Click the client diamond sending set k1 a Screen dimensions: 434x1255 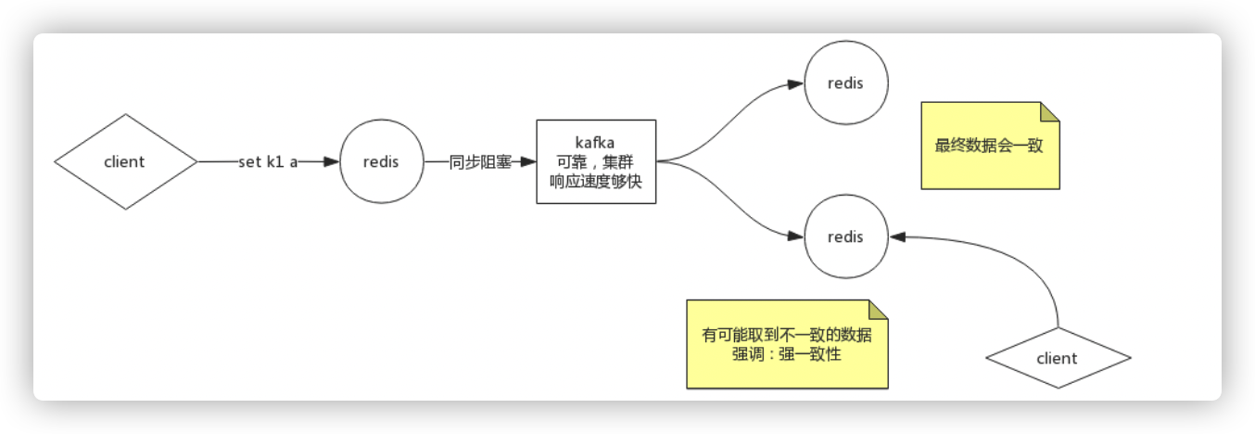click(x=125, y=161)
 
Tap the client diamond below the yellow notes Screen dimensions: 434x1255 click(x=1057, y=358)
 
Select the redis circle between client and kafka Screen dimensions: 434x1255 click(x=382, y=161)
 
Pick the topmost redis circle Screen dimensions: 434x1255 click(x=845, y=83)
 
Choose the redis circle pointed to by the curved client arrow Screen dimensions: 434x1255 click(x=845, y=236)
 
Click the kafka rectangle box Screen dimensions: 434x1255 click(x=596, y=161)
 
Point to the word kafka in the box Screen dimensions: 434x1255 click(x=596, y=141)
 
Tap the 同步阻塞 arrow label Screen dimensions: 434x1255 click(x=480, y=161)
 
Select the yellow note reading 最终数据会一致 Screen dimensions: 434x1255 click(x=990, y=146)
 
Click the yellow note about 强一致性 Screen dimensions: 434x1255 click(x=787, y=344)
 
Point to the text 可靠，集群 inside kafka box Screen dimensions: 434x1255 click(x=596, y=161)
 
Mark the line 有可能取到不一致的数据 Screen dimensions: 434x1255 click(x=787, y=336)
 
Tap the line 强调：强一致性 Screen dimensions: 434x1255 click(x=787, y=353)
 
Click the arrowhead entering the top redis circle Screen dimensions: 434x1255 click(x=795, y=83)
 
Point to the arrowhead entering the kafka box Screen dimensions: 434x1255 click(x=528, y=161)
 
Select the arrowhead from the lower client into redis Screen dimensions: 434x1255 click(x=896, y=237)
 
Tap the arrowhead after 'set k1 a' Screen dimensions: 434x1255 click(x=332, y=161)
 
